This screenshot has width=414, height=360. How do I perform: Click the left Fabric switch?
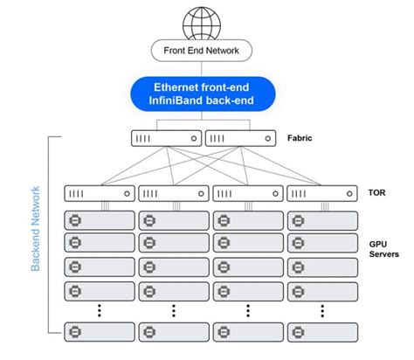click(167, 138)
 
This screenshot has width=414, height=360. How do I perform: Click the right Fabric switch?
click(238, 138)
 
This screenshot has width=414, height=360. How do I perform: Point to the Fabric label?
click(300, 137)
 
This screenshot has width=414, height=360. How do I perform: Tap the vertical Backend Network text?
click(36, 227)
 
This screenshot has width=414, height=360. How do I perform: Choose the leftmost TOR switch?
click(99, 193)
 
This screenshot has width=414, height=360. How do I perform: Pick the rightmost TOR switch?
click(321, 193)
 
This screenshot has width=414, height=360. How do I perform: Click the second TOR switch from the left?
click(173, 193)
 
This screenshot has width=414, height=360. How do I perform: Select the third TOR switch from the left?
click(247, 193)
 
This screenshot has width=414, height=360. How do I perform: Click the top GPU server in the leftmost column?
click(99, 218)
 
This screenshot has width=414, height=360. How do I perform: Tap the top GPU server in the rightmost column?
click(321, 218)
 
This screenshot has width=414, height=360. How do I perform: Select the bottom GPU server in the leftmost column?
click(99, 331)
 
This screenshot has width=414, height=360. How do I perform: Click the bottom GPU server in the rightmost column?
click(321, 331)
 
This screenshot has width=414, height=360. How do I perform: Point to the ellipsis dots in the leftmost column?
click(99, 308)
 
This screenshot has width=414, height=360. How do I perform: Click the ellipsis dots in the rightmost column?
click(321, 308)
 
